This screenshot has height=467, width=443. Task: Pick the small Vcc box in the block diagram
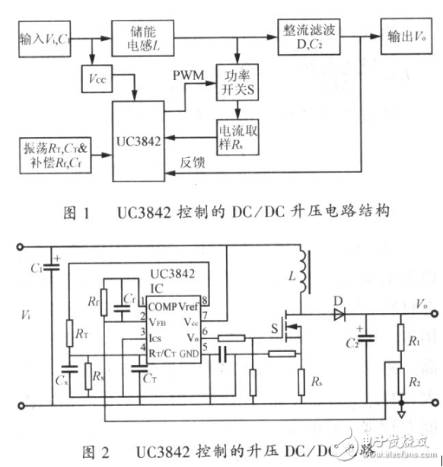(96, 78)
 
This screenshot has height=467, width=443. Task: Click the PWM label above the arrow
(188, 77)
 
